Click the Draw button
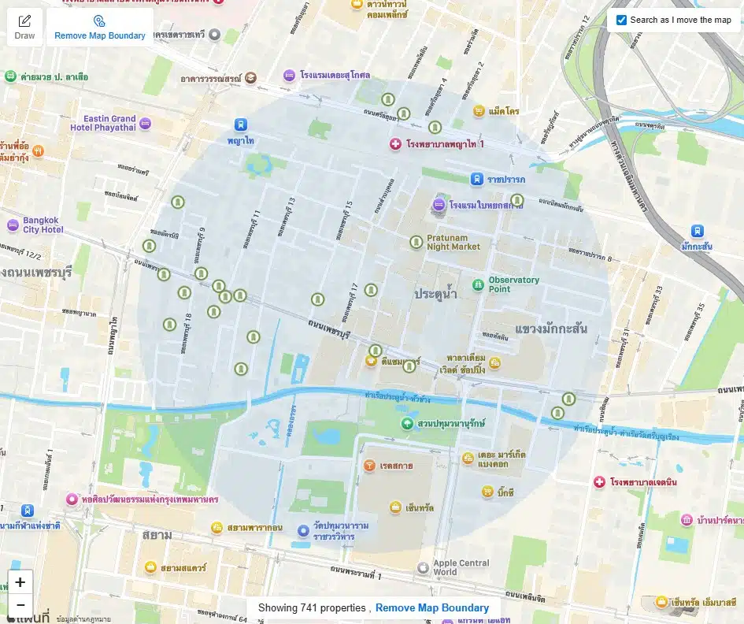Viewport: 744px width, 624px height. pyautogui.click(x=24, y=26)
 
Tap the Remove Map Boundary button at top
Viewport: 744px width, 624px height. pyautogui.click(x=99, y=28)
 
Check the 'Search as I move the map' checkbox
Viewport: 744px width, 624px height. pyautogui.click(x=622, y=20)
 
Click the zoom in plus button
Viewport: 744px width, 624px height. pyautogui.click(x=20, y=583)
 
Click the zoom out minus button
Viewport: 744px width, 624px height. pyautogui.click(x=20, y=605)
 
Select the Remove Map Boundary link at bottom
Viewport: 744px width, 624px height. pyautogui.click(x=431, y=607)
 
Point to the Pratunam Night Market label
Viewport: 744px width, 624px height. pyautogui.click(x=453, y=242)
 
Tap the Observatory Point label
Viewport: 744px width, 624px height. pyautogui.click(x=513, y=284)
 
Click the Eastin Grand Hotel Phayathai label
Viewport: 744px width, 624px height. pyautogui.click(x=102, y=123)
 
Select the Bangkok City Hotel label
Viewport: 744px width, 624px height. pyautogui.click(x=43, y=225)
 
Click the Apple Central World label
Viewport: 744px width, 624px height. pyautogui.click(x=461, y=567)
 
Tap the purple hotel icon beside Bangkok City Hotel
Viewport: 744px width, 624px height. pyautogui.click(x=12, y=225)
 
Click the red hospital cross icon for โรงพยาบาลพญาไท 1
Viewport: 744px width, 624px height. pyautogui.click(x=396, y=144)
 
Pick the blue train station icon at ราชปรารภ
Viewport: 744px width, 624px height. pyautogui.click(x=477, y=179)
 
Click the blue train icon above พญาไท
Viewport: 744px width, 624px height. pyautogui.click(x=240, y=124)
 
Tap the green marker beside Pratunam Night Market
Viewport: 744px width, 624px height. pyautogui.click(x=416, y=242)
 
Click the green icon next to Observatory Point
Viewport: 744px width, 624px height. pyautogui.click(x=477, y=284)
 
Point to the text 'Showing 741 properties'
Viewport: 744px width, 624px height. pyautogui.click(x=312, y=607)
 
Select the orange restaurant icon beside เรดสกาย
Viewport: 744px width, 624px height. pyautogui.click(x=369, y=466)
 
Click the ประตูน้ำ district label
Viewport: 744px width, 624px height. pyautogui.click(x=435, y=294)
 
